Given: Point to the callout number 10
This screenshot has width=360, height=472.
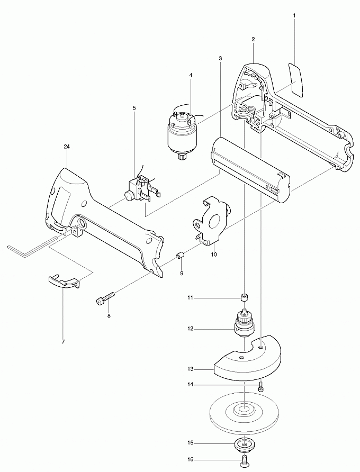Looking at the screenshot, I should click(214, 254).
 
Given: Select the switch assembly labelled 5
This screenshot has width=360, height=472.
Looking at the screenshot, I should click(140, 188).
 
